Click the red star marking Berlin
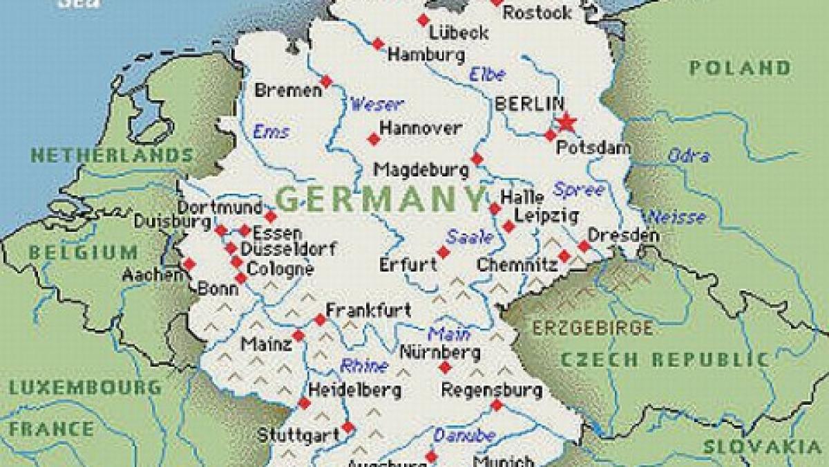[566, 122]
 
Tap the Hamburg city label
[425, 55]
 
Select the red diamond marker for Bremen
[327, 81]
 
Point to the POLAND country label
[739, 68]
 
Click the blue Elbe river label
[487, 74]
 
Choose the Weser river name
[377, 104]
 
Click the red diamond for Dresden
[584, 246]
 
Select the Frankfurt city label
[368, 310]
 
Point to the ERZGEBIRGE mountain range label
[592, 328]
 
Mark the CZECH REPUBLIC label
[664, 360]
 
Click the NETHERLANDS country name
[111, 155]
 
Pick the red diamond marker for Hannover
[374, 139]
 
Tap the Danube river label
[464, 435]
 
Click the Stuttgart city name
[298, 435]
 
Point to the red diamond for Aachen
[189, 264]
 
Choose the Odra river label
[688, 156]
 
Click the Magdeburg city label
[418, 170]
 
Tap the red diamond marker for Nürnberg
[445, 367]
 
